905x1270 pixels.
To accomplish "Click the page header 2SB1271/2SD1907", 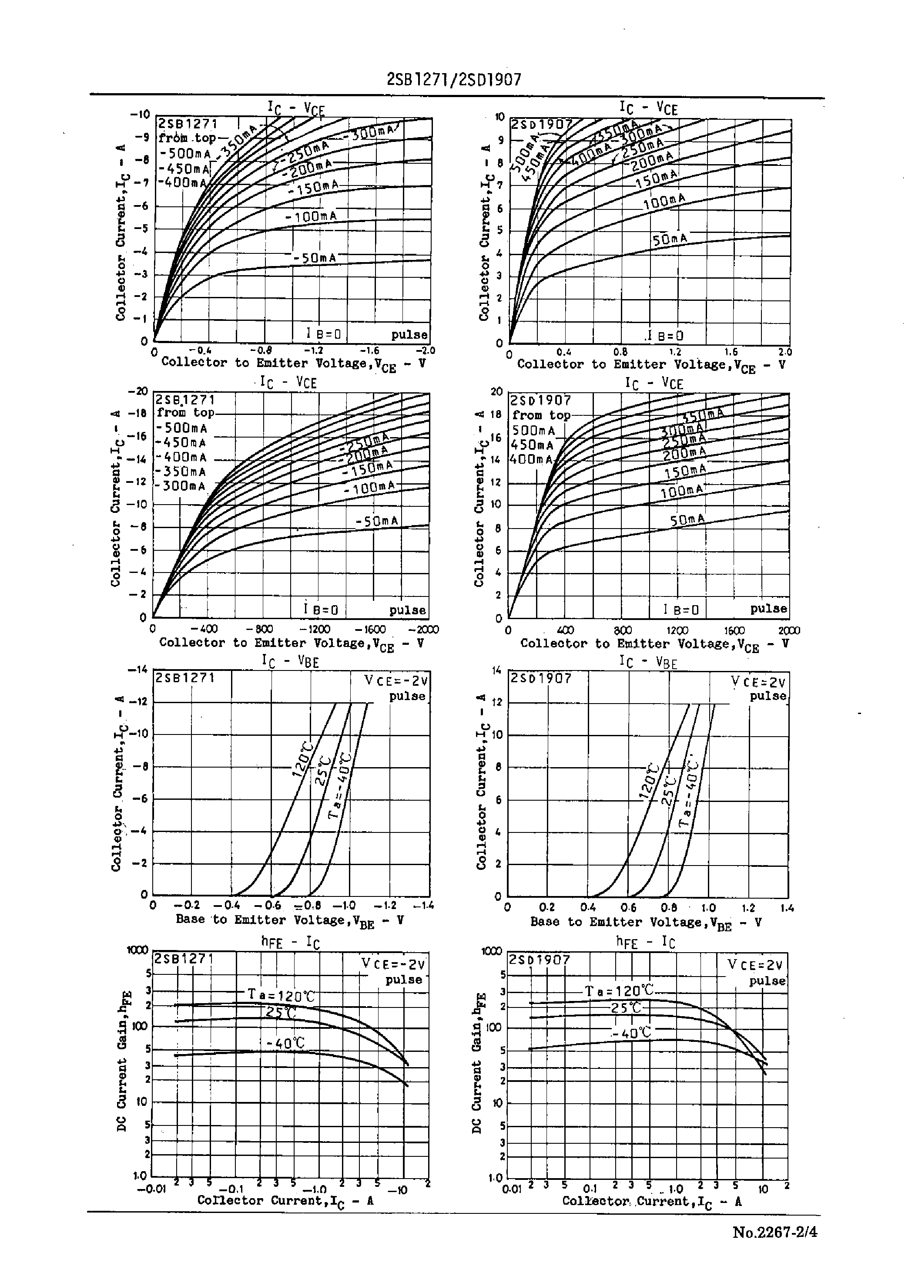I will point(454,80).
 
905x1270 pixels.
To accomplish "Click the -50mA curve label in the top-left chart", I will point(315,258).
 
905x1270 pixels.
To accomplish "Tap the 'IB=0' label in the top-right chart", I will point(664,336).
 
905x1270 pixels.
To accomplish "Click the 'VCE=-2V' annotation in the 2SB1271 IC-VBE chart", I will point(396,681).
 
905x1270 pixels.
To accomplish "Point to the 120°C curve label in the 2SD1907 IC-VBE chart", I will point(650,781).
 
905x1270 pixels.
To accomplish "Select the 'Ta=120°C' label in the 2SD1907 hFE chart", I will point(619,990).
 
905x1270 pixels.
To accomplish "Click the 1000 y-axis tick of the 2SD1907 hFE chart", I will point(492,952).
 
